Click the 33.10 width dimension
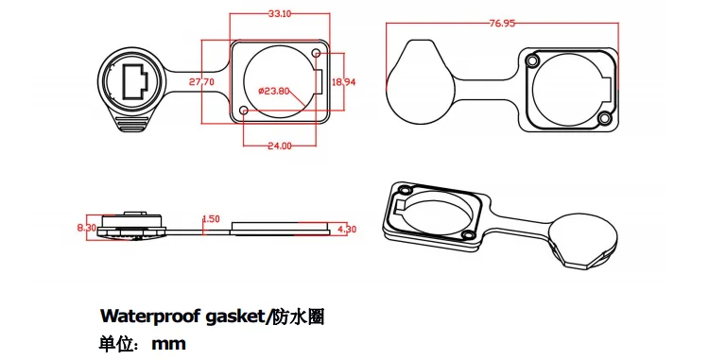point(279,14)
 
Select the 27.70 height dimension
point(201,82)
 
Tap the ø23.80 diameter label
point(273,91)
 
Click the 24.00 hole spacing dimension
point(279,146)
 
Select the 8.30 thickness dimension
point(86,228)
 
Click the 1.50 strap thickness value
point(211,219)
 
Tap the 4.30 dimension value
point(346,229)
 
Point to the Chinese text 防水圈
point(302,316)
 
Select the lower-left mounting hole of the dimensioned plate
point(245,112)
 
